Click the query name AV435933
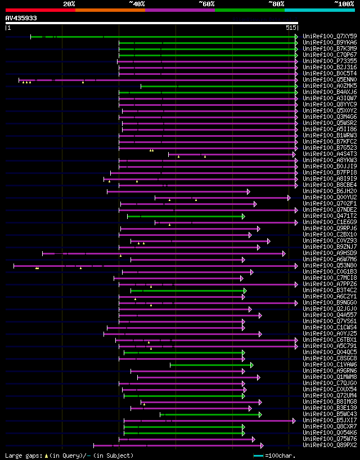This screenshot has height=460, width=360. click(21, 18)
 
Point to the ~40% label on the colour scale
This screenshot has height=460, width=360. click(137, 4)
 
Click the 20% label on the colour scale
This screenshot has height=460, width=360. click(69, 4)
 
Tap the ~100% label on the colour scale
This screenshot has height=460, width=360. click(344, 4)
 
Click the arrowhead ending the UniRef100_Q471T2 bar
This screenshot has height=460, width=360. click(244, 216)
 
